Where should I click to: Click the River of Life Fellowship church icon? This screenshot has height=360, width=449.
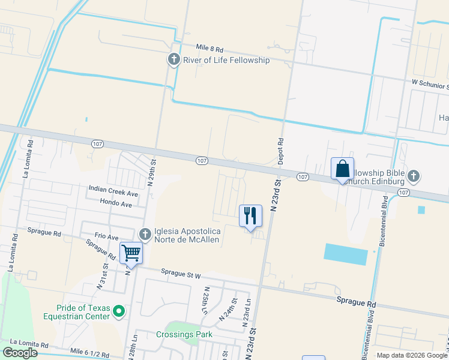click(x=173, y=59)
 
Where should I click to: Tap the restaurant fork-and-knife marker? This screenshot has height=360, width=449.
click(x=250, y=215)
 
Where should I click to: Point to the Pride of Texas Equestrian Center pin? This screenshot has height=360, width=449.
click(x=119, y=311)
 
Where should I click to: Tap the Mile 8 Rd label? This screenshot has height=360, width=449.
click(x=209, y=48)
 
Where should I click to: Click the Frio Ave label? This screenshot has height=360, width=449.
click(x=106, y=236)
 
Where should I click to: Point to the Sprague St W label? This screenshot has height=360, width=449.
click(x=180, y=274)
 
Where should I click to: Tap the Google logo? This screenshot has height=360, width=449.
click(x=20, y=353)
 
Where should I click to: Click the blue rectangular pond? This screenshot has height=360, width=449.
click(x=346, y=254)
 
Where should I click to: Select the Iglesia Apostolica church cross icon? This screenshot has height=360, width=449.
click(x=144, y=234)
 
